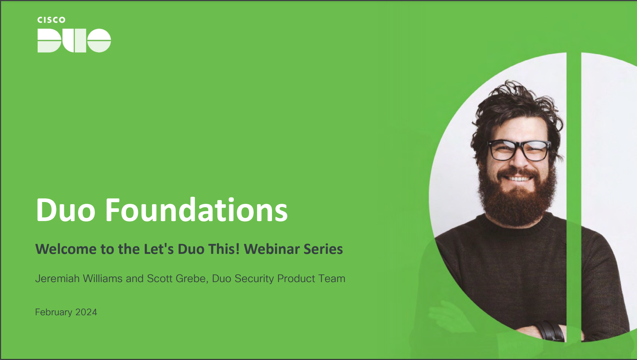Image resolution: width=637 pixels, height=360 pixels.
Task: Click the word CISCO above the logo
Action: [x=51, y=20]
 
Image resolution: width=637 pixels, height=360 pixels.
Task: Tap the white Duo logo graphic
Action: [x=74, y=41]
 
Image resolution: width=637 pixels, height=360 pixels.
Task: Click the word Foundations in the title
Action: [x=196, y=210]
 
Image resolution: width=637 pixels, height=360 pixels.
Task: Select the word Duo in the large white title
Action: [x=66, y=210]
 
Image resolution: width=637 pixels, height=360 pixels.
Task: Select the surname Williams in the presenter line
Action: [x=103, y=279]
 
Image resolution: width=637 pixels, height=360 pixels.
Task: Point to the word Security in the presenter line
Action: [x=254, y=279]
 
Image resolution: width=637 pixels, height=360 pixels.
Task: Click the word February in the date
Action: [x=54, y=312]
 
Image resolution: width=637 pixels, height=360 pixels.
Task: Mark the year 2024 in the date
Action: [x=86, y=312]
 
